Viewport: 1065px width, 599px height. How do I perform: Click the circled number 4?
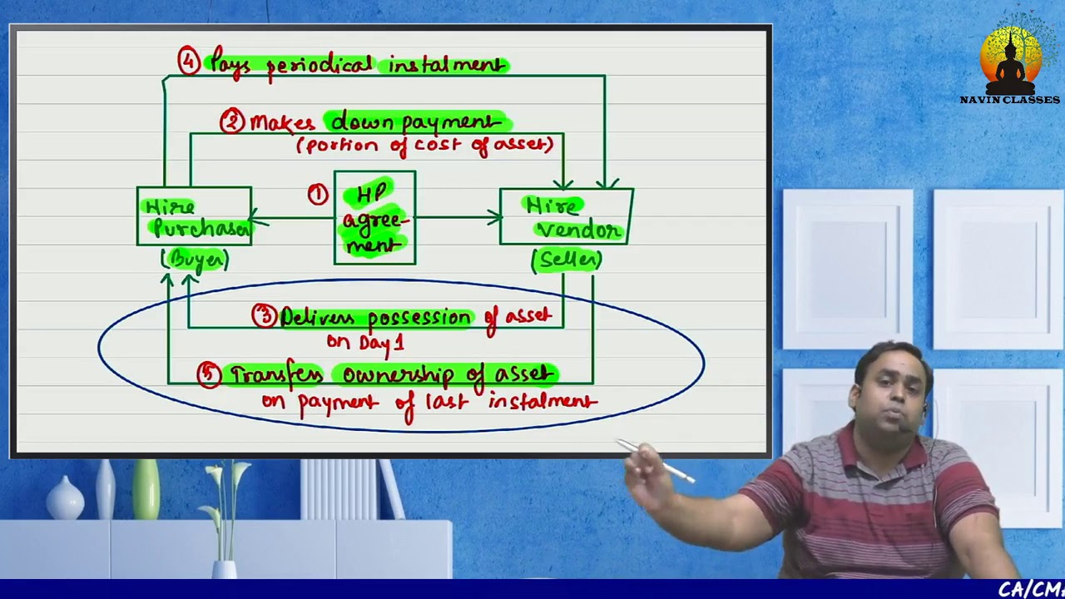[189, 61]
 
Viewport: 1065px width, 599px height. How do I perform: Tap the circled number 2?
[231, 122]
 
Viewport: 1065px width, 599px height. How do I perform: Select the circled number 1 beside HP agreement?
[318, 195]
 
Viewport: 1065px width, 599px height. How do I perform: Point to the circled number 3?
[265, 316]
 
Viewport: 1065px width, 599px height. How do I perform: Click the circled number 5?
[209, 374]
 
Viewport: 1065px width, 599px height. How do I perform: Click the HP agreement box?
[374, 218]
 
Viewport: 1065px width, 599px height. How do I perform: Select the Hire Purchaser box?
[194, 216]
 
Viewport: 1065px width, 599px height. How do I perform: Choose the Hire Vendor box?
[566, 216]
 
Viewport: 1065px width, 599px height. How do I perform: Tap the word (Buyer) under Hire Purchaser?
[196, 260]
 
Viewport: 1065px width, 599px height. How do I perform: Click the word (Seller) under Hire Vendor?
[567, 260]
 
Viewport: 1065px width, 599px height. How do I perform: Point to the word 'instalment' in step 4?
[447, 65]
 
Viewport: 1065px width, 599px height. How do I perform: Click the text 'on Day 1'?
[365, 342]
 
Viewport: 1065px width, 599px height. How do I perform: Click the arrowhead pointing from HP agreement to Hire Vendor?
[495, 217]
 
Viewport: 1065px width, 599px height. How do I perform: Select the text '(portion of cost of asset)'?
[424, 145]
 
